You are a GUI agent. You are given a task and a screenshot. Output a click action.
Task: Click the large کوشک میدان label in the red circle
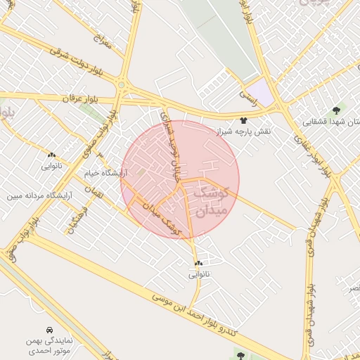coord(210,200)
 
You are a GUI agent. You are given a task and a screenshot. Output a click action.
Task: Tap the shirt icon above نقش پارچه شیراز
coord(244,120)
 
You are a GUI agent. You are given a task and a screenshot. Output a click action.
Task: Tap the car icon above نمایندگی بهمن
coord(49,330)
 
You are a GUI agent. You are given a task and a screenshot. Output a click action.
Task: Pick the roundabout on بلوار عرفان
coord(122,86)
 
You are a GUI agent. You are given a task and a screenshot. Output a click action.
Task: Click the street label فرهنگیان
coord(77,220)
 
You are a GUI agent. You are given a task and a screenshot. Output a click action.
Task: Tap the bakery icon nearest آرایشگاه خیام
coord(51,154)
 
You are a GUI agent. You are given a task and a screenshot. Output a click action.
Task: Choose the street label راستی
coord(249,92)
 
